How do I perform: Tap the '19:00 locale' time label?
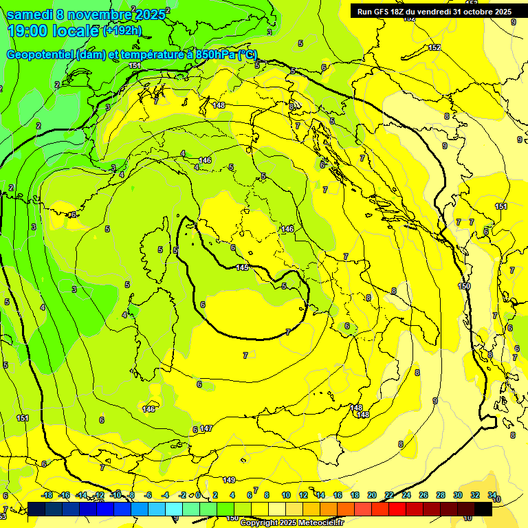(54, 31)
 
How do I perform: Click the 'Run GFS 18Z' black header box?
(434, 12)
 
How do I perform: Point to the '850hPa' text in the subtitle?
(210, 55)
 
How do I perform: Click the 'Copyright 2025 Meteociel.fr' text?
(291, 523)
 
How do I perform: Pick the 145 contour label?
(242, 267)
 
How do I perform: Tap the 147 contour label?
(206, 428)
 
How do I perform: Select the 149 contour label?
(230, 480)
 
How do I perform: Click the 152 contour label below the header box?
(434, 47)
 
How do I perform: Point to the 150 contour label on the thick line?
(465, 286)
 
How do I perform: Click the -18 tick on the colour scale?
(47, 495)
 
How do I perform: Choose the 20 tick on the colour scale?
(371, 495)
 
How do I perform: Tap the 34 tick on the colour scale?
(492, 495)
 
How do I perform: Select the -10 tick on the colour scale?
(115, 495)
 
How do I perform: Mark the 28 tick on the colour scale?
(440, 495)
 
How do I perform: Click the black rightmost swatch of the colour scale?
(483, 509)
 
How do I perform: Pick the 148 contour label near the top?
(219, 105)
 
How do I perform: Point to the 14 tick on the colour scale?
(320, 495)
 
